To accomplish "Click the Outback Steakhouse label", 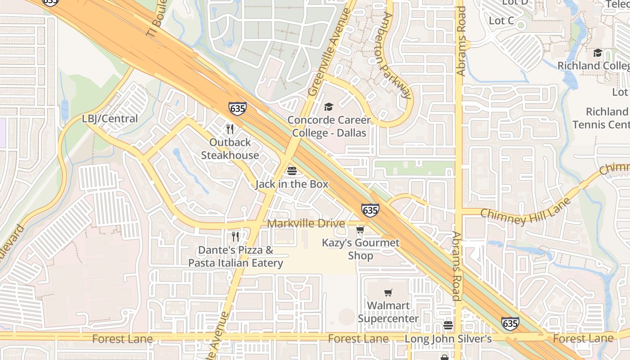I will click(x=230, y=149).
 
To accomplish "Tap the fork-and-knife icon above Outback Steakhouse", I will click(x=230, y=130).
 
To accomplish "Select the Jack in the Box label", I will click(x=292, y=184).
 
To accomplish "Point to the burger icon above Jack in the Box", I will click(x=292, y=171).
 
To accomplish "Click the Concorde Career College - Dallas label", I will click(x=329, y=126).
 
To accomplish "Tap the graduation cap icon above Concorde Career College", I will click(x=329, y=107).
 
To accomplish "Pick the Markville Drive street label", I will click(x=306, y=224).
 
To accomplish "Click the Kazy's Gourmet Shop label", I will click(x=360, y=249).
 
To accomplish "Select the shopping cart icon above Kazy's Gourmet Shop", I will click(x=360, y=230).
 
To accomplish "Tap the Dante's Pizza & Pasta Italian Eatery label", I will click(x=236, y=256).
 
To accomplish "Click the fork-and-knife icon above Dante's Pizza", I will click(x=235, y=237).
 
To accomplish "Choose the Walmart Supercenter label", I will click(x=388, y=312).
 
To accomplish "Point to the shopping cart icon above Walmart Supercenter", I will click(x=388, y=293).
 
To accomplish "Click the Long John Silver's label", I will click(x=448, y=338).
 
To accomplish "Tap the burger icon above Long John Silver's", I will click(x=448, y=325).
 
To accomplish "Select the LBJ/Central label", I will click(x=110, y=119).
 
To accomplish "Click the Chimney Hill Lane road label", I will click(x=526, y=211).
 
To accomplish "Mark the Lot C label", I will click(x=501, y=21).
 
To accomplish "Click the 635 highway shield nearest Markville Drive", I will click(x=370, y=210).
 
